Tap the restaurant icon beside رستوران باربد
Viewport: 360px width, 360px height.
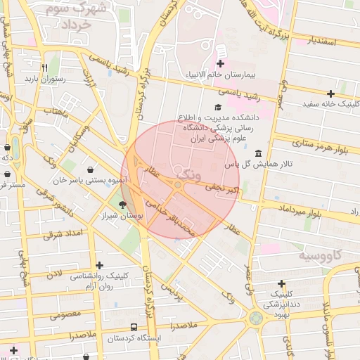pyautogui.click(x=44, y=68)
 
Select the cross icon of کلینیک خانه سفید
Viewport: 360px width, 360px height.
pyautogui.click(x=330, y=94)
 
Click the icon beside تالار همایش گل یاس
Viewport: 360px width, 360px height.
pyautogui.click(x=259, y=153)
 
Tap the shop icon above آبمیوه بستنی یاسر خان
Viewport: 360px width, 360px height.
pyautogui.click(x=91, y=169)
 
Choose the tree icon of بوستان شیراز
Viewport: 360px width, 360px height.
pyautogui.click(x=124, y=205)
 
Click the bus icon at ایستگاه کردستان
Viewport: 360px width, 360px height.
pyautogui.click(x=134, y=327)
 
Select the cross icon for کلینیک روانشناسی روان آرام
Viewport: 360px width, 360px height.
pyautogui.click(x=100, y=266)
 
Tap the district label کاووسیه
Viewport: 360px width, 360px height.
pyautogui.click(x=320, y=255)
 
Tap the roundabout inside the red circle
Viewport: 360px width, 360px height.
pyautogui.click(x=179, y=185)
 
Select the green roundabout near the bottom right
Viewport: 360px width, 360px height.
pyautogui.click(x=255, y=318)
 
